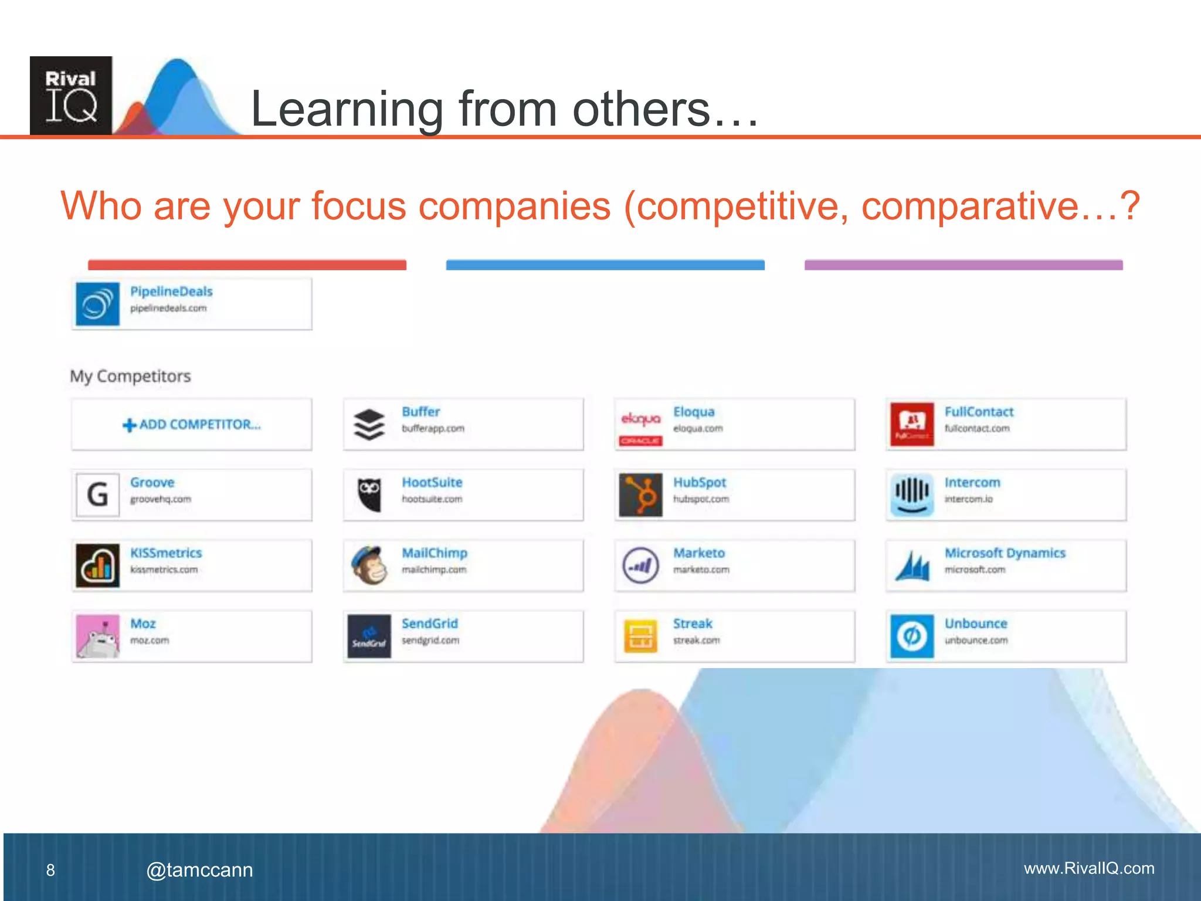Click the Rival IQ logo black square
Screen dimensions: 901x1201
pos(71,96)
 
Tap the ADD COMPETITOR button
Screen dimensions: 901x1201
pos(192,425)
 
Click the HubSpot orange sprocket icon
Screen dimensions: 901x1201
pos(640,495)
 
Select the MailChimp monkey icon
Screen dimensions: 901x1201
pos(369,565)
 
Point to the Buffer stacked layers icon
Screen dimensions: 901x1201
pos(369,425)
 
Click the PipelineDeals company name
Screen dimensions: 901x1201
pos(171,292)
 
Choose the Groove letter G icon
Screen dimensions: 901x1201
pos(98,495)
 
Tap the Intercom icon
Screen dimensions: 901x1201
pos(912,495)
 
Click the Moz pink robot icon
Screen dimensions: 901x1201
pos(98,636)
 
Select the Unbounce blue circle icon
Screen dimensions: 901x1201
pos(912,636)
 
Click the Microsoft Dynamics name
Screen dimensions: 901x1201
pos(1005,553)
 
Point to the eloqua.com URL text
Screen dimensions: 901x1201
pos(698,429)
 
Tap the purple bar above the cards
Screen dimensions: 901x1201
pos(963,265)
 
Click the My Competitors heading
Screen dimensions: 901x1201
pos(130,376)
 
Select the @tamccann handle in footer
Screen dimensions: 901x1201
pos(199,870)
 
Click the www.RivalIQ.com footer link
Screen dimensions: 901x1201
pos(1089,868)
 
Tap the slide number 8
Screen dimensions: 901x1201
pos(50,870)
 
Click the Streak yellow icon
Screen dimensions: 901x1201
pos(640,636)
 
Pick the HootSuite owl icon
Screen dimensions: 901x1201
pos(369,494)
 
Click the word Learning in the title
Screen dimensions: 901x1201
pos(347,110)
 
